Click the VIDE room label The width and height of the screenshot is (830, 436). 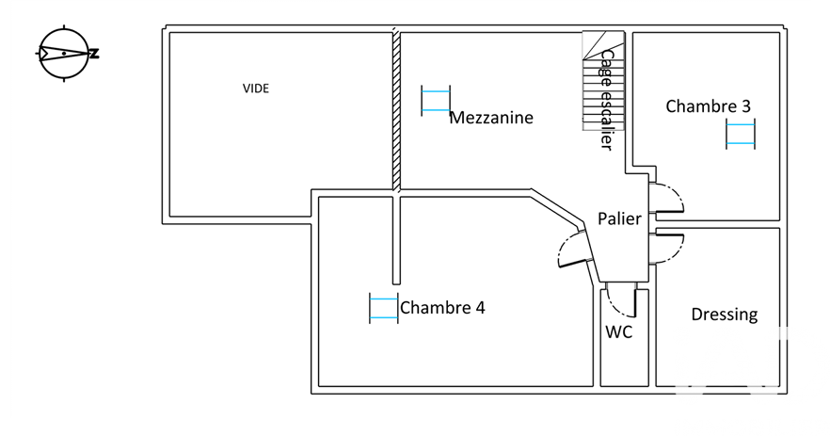pos(256,89)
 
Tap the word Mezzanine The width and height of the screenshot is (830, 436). pos(491,118)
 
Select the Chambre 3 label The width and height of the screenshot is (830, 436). pos(708,106)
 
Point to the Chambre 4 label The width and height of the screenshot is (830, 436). pos(442,307)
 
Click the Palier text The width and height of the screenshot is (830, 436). pos(619,218)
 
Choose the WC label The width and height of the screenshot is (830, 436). pos(618,331)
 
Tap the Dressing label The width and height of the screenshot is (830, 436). pos(724,315)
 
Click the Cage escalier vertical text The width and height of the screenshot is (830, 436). pos(607,99)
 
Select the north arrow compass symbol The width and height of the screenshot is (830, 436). pos(64,54)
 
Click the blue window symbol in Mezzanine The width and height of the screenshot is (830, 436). pos(436,100)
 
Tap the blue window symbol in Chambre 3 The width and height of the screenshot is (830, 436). pos(741,134)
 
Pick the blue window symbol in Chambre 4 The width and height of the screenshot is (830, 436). pos(383,309)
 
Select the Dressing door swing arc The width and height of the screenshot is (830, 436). pos(670,247)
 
